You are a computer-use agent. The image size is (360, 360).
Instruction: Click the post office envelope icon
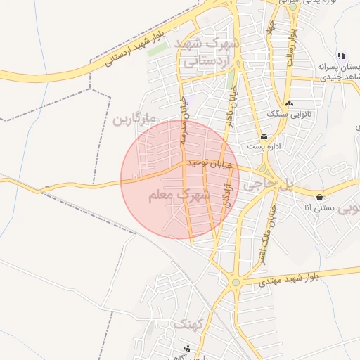point(264,136)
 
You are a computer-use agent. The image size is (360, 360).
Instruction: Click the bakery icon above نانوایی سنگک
point(289,103)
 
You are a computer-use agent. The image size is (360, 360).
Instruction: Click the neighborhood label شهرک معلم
point(179,195)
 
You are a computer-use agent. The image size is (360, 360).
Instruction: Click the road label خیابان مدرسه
point(184,120)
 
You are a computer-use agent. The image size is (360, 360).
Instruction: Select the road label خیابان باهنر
point(230,105)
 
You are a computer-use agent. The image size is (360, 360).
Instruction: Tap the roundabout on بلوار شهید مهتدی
point(236,283)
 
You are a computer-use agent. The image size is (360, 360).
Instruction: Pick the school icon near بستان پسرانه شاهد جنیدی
point(342,56)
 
